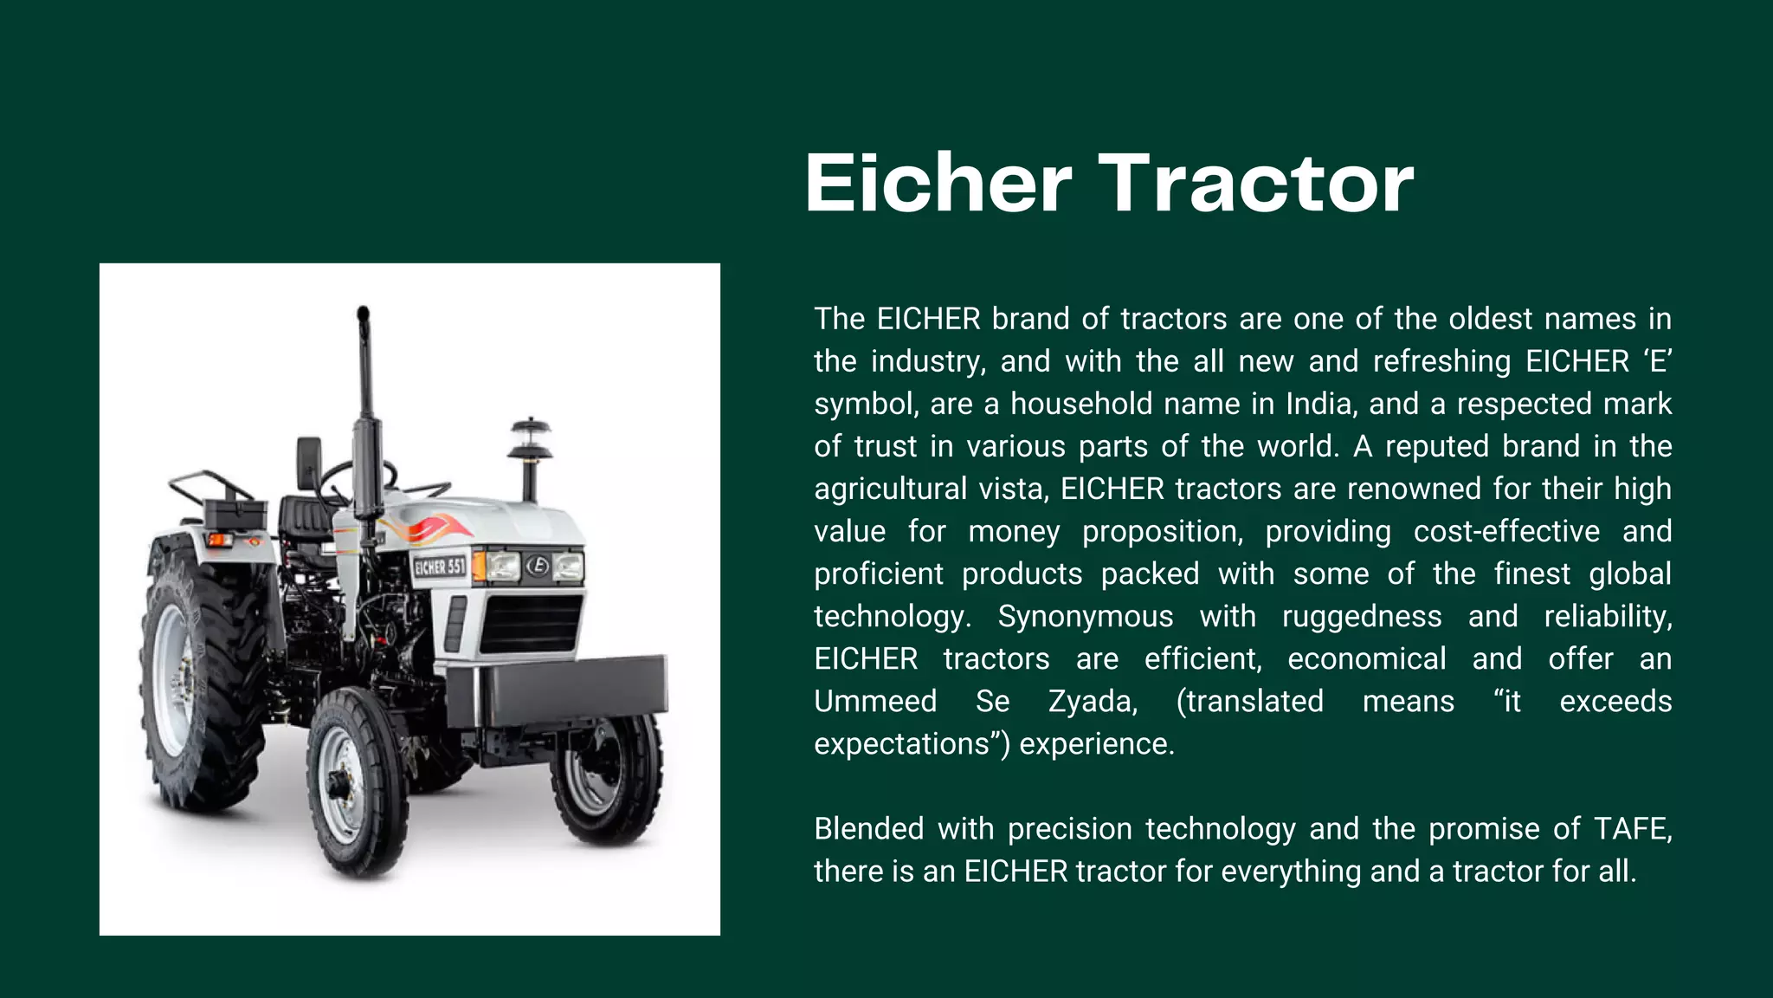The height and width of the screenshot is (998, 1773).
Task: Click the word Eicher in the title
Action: click(x=938, y=184)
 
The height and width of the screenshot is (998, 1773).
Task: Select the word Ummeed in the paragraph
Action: click(x=875, y=702)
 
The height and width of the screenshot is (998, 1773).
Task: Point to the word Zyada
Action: click(x=1093, y=702)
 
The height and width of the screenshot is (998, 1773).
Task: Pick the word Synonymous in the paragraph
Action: click(x=1086, y=617)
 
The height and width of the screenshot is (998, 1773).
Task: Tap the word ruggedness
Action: click(x=1362, y=617)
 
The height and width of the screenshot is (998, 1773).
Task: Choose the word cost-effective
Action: click(x=1506, y=532)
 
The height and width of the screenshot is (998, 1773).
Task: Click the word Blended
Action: click(x=868, y=829)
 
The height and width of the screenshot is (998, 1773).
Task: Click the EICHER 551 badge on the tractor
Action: click(x=440, y=567)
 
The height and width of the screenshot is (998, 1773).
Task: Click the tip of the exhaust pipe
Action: click(x=363, y=313)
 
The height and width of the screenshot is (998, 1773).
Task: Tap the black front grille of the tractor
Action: click(x=531, y=623)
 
